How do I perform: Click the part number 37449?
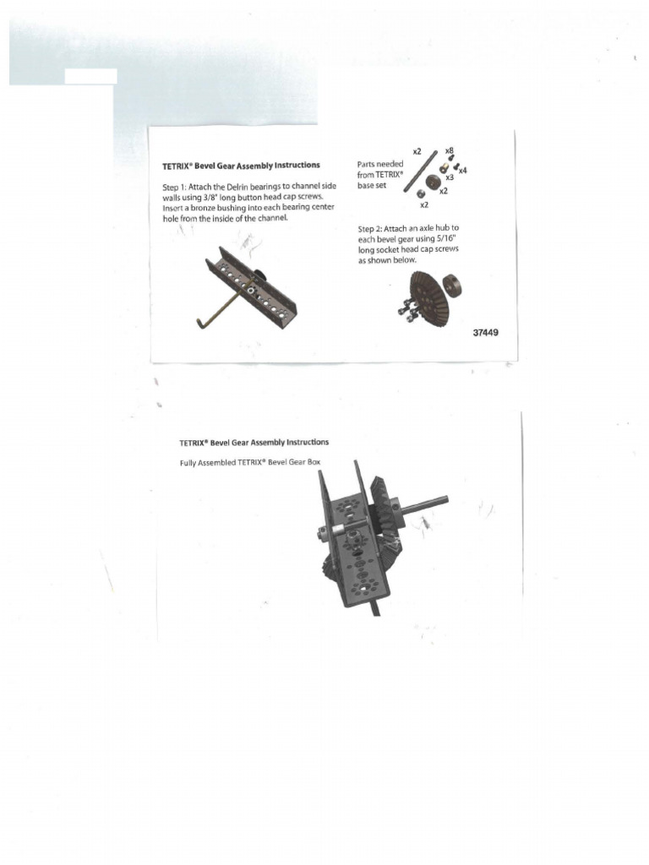point(485,333)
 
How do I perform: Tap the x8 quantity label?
point(449,150)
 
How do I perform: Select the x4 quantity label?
point(462,170)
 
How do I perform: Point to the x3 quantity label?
point(449,178)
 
